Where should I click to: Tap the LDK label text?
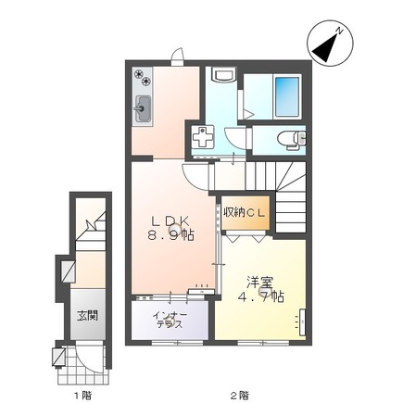point(171,220)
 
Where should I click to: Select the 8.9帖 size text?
point(173,236)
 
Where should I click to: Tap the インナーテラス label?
point(171,319)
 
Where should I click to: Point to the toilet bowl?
point(292,140)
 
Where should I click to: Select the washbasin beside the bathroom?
point(222,76)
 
